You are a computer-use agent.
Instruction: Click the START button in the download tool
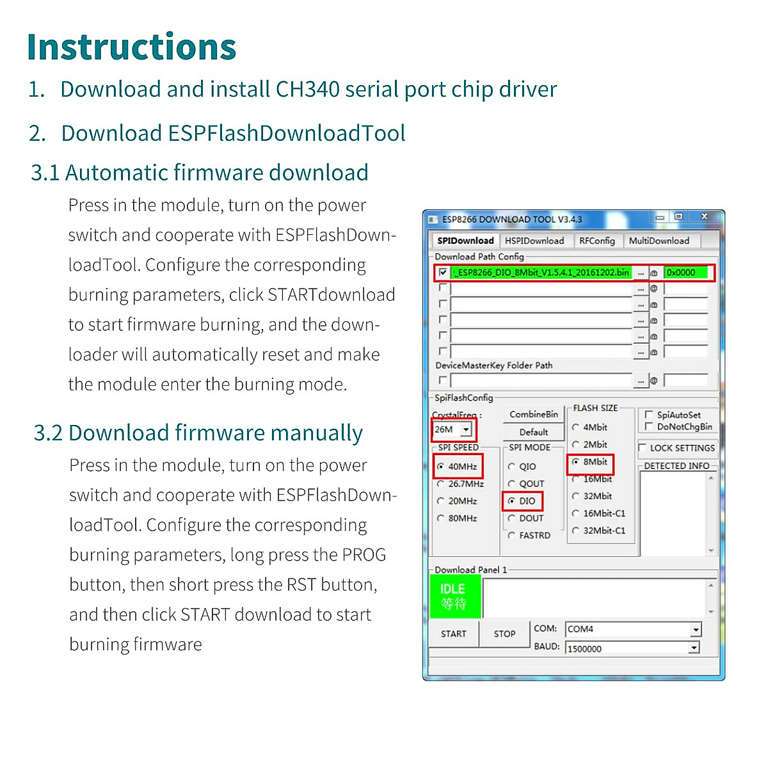[453, 634]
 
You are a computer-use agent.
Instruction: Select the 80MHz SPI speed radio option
[441, 518]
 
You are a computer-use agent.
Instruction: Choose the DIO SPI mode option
[512, 501]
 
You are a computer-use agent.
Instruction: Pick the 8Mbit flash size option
[576, 462]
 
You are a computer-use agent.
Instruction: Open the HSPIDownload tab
[534, 241]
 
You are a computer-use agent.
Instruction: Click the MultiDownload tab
[659, 241]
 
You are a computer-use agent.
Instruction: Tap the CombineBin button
[533, 414]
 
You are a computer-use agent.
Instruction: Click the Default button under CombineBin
[533, 432]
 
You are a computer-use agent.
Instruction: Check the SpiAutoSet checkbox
[649, 415]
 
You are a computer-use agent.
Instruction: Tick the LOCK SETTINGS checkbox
[643, 448]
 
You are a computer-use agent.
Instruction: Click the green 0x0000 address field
[687, 273]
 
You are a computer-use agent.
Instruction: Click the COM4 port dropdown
[632, 629]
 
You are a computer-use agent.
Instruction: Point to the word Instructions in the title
[132, 47]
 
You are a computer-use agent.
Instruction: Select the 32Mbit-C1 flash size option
[576, 531]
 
